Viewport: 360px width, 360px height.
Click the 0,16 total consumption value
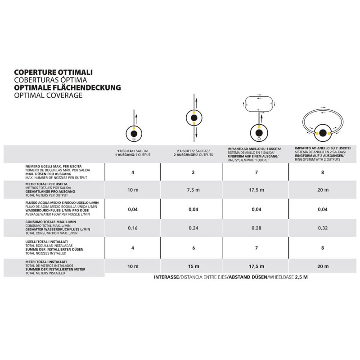[133, 228]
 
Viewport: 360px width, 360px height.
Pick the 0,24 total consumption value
[193, 228]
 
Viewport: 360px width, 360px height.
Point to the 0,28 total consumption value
[256, 228]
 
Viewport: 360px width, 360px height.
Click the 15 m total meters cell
[193, 266]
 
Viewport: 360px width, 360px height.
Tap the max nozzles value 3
[193, 172]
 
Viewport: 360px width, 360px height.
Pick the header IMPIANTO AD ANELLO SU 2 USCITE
[323, 147]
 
